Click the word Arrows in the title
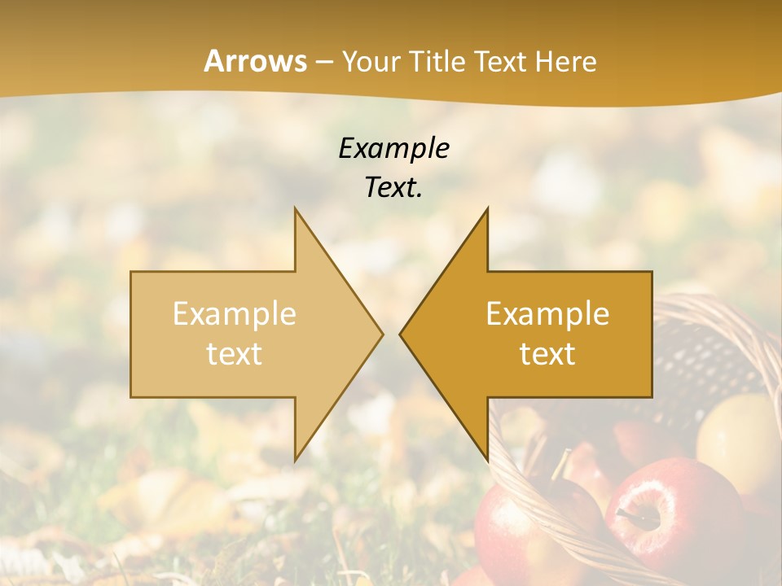pos(256,61)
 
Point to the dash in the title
pos(324,62)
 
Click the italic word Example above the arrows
pos(393,148)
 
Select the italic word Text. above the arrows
pos(393,187)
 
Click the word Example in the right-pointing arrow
pos(235,314)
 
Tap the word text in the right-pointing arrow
pos(235,354)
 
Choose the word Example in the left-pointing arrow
pos(547,314)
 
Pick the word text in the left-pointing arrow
pos(547,354)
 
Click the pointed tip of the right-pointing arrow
pos(382,334)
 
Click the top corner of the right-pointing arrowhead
pos(295,208)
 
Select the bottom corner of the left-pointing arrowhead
pos(487,460)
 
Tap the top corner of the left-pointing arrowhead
pos(487,208)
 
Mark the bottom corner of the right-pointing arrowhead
pos(295,460)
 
